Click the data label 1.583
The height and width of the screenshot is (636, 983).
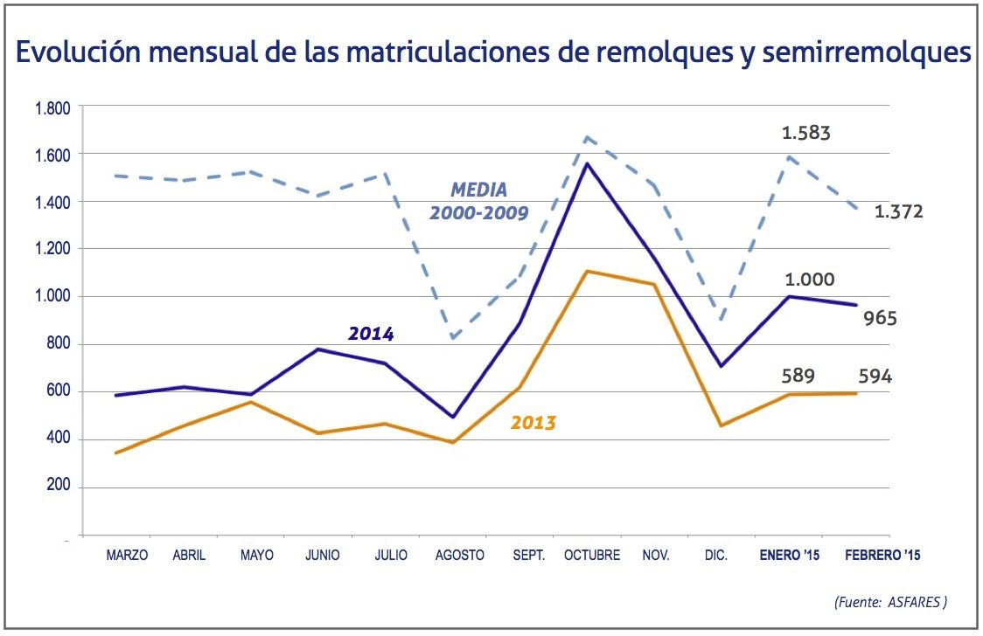coord(805,134)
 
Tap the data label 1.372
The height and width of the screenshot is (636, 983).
coord(898,211)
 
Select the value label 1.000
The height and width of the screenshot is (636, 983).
coord(809,280)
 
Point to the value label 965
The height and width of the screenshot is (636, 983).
coord(880,318)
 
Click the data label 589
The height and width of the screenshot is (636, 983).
coord(798,377)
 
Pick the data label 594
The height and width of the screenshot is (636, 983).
coord(874,377)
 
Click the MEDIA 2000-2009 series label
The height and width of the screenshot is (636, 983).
coord(478,201)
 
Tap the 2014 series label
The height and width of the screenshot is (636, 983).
coord(371,334)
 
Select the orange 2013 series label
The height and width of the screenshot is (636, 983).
coord(533,424)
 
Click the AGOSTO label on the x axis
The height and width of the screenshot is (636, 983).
coord(459,555)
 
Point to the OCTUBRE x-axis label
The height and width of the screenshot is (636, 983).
coord(592,555)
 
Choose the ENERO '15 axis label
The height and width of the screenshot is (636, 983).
coord(790,555)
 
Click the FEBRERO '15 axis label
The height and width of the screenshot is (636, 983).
coord(882,555)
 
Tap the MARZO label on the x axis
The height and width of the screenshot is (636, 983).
coord(127,555)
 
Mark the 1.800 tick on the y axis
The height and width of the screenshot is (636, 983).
coord(52,108)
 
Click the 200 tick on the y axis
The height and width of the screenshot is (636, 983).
coord(59,487)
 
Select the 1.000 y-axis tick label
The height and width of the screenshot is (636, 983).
coord(52,297)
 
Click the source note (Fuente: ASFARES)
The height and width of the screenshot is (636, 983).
coord(891,601)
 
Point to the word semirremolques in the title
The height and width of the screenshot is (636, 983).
coord(867,53)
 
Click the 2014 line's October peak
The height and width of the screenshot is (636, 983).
coord(585,163)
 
